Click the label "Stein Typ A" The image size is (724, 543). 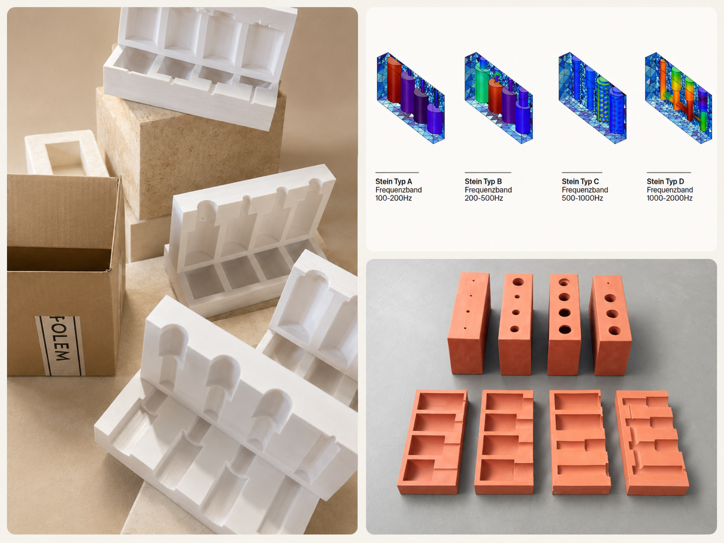(393, 181)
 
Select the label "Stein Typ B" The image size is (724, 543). (483, 181)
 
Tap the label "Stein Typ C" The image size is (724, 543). (580, 181)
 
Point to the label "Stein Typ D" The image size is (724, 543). (665, 181)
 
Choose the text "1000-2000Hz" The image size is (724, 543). (669, 198)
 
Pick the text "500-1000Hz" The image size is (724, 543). (582, 198)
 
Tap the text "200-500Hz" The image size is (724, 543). (483, 198)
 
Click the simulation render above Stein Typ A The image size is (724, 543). (410, 98)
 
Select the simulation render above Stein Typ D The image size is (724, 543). (678, 98)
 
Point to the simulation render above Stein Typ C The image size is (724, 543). (592, 98)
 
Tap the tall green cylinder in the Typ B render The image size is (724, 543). (482, 87)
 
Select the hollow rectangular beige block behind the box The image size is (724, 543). (65, 153)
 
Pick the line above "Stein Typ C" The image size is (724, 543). (582, 172)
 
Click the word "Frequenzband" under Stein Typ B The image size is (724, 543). (488, 190)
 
